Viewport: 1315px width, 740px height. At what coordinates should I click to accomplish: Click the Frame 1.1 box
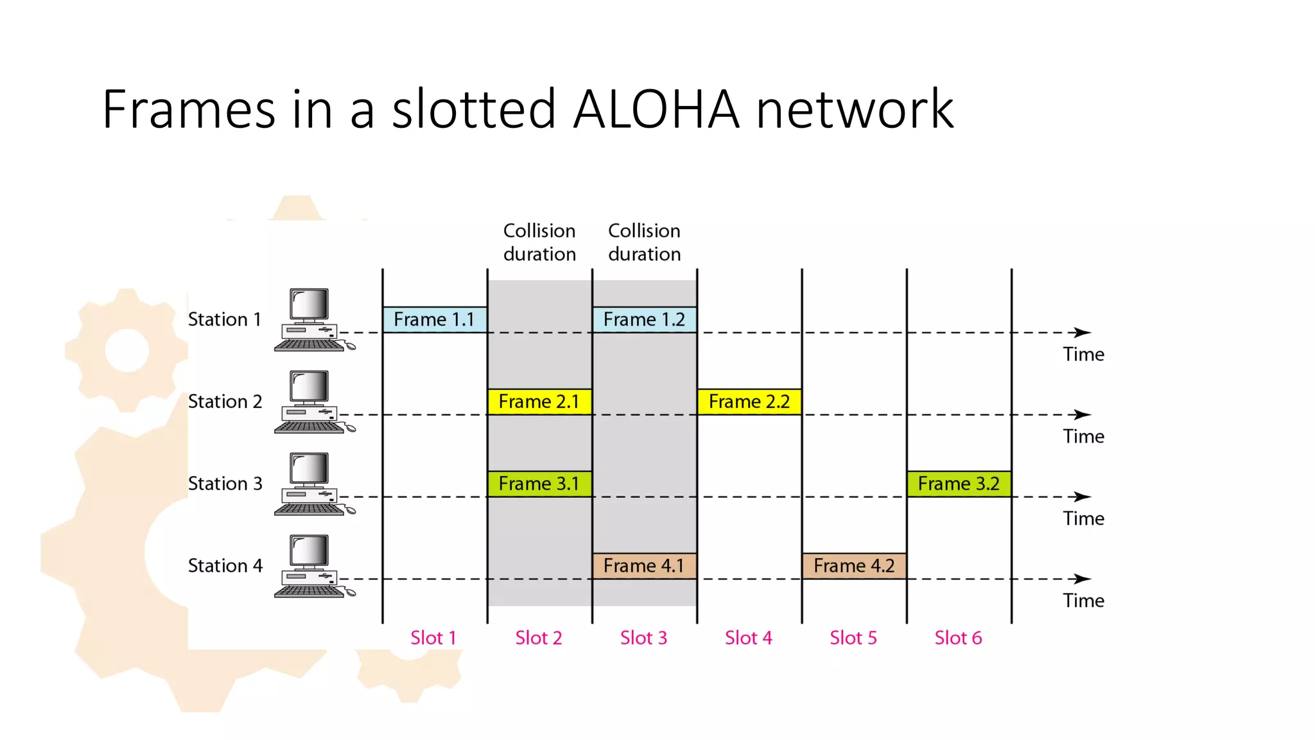(x=435, y=319)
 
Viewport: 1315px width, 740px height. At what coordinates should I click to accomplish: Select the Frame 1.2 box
(x=644, y=319)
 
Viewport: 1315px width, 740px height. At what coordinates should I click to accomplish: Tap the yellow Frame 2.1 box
(x=539, y=401)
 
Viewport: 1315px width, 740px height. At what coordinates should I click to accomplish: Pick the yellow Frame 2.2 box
(x=749, y=401)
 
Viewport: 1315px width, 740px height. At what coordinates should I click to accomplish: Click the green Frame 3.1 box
(x=539, y=484)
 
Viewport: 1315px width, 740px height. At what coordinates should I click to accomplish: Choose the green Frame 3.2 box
(x=959, y=484)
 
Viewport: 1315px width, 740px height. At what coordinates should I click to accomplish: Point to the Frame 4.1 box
(x=644, y=566)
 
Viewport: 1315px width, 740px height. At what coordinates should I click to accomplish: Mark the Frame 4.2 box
(x=854, y=566)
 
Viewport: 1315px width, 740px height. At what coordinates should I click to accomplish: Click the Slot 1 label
(x=433, y=638)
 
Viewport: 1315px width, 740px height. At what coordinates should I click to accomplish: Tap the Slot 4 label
(x=749, y=638)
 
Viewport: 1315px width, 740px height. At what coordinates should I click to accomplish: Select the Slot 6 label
(x=958, y=638)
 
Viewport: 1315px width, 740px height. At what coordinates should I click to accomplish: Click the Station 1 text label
(x=225, y=319)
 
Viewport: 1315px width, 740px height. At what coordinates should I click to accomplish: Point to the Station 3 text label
(x=225, y=484)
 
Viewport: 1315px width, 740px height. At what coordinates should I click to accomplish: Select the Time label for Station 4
(x=1083, y=601)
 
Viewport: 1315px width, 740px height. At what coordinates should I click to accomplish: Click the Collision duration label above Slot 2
(x=539, y=242)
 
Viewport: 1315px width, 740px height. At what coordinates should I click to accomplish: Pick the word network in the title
(x=855, y=109)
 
